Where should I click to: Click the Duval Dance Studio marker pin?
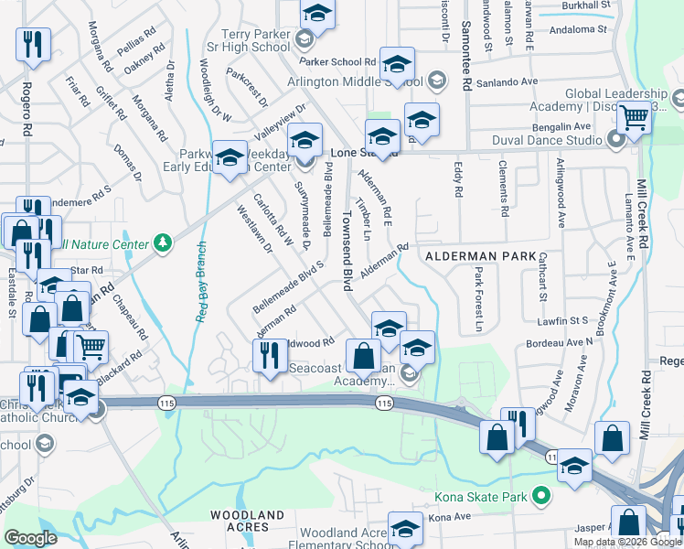pos(615,140)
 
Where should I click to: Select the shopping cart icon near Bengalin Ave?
pos(633,117)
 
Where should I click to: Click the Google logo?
pos(30,538)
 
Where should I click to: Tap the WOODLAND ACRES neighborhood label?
pos(248,522)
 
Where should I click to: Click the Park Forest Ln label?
pos(478,298)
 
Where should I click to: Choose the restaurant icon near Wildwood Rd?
pos(269,356)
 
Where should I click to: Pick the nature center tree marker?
pos(163,242)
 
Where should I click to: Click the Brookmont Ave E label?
pos(608,303)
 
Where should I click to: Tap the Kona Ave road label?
pos(449,517)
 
